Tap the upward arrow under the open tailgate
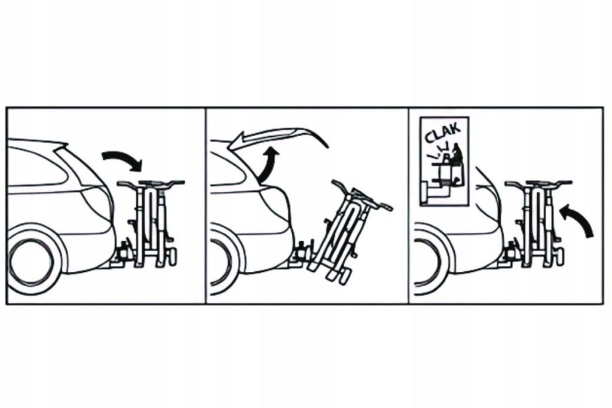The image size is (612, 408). pyautogui.click(x=268, y=166)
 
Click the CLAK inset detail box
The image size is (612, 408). pyautogui.click(x=444, y=161)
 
